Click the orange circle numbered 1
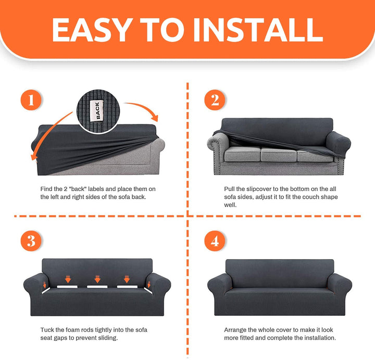(x=31, y=100)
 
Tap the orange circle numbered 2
(x=215, y=100)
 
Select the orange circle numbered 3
(x=31, y=240)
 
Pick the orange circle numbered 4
(x=215, y=240)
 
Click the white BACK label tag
(x=97, y=111)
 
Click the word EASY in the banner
(x=92, y=30)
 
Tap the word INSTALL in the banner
(x=258, y=30)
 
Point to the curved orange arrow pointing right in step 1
(x=143, y=108)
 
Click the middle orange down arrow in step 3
(x=97, y=279)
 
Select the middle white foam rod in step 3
(x=97, y=287)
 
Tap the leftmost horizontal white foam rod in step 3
(x=67, y=287)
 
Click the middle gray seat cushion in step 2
(x=278, y=154)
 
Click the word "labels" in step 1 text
(x=96, y=189)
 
